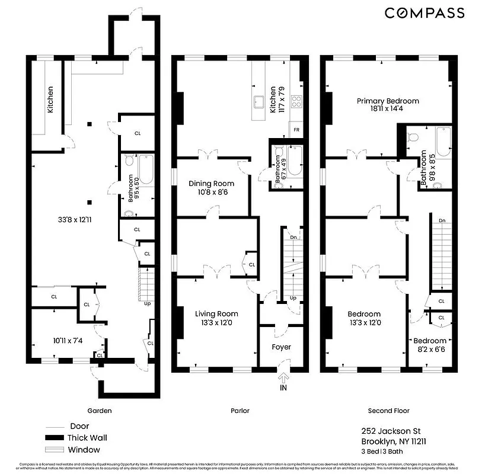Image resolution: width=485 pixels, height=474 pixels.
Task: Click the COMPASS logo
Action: point(425,13)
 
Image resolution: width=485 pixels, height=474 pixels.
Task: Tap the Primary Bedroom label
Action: point(387,101)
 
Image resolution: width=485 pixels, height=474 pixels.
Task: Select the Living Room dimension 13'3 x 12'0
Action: point(217,323)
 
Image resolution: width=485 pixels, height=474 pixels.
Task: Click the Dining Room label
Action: point(211,183)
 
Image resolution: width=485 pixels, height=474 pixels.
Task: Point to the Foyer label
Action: point(282,347)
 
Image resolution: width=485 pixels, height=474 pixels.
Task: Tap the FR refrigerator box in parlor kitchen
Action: point(296,129)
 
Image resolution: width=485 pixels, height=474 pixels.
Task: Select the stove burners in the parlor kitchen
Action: point(297,101)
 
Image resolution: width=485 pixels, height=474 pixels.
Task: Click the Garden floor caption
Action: point(98,411)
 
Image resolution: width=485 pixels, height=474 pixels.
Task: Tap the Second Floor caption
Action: point(389,411)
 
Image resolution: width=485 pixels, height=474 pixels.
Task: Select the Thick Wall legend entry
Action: point(87,438)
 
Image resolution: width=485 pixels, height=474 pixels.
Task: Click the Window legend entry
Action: point(84,450)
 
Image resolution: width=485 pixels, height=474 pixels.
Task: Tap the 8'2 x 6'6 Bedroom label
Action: point(430,345)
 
